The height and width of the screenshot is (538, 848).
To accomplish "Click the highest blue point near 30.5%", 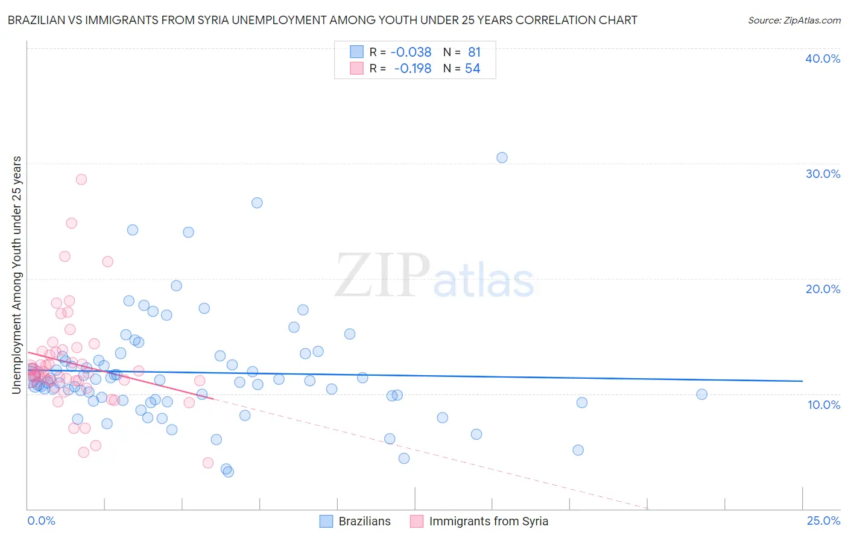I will pos(502,157).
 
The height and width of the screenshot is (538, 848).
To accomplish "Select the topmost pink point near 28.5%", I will pos(81,179).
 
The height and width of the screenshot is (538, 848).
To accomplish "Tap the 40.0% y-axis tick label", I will pos(823,59).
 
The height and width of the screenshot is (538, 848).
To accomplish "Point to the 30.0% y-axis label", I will pos(823,174).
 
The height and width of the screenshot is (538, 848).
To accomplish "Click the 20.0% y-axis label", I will pos(823,289).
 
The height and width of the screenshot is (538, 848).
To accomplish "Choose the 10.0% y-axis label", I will pos(823,405).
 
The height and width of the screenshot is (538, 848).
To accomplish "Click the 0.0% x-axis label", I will pos(41,521).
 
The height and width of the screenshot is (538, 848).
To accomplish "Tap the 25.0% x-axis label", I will pos(823,521).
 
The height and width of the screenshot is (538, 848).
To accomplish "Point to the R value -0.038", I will pos(411,52).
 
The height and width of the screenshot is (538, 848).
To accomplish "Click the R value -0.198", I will pos(413,69).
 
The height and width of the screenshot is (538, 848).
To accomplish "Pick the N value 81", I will pos(474,52).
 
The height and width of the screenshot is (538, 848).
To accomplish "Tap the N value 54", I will pos(472,69).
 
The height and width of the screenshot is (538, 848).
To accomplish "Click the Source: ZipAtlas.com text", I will pos(794,21).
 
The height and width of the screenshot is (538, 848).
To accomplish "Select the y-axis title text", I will pos(17,275).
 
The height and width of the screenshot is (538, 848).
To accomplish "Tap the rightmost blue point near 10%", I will pos(701,394).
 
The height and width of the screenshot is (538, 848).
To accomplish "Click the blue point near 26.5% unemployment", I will pos(257,203).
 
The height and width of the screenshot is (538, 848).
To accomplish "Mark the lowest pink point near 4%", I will pos(208,463).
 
